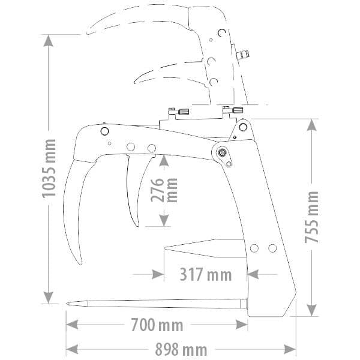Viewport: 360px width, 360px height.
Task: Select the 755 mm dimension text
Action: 311,217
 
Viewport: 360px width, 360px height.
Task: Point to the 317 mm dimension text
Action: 205,275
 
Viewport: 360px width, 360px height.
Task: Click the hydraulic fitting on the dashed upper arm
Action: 243,56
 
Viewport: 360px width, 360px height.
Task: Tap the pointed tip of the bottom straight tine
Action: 68,304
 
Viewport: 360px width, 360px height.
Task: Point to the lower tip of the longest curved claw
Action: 78,262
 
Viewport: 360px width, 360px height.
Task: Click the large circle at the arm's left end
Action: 105,131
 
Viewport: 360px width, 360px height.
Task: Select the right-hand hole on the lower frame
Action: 272,248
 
